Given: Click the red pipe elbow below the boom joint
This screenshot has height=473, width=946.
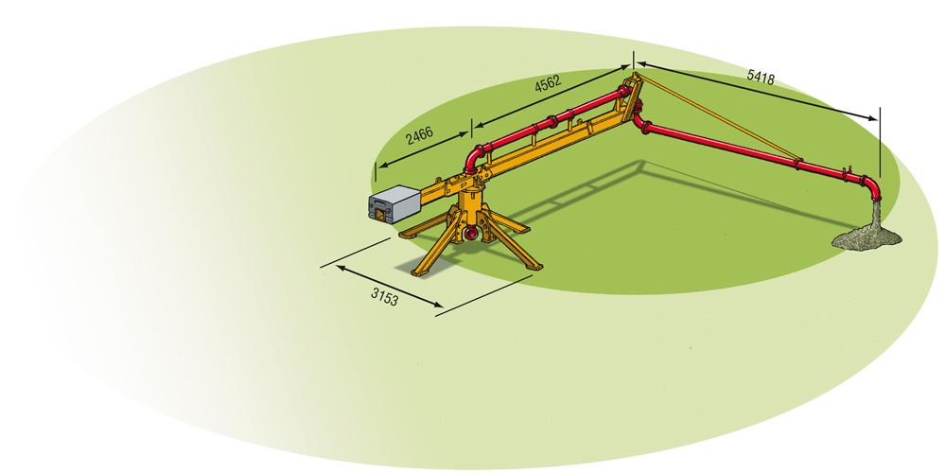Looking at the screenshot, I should pos(643,124).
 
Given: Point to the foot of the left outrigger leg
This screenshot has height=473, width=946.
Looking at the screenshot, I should pos(402,234).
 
